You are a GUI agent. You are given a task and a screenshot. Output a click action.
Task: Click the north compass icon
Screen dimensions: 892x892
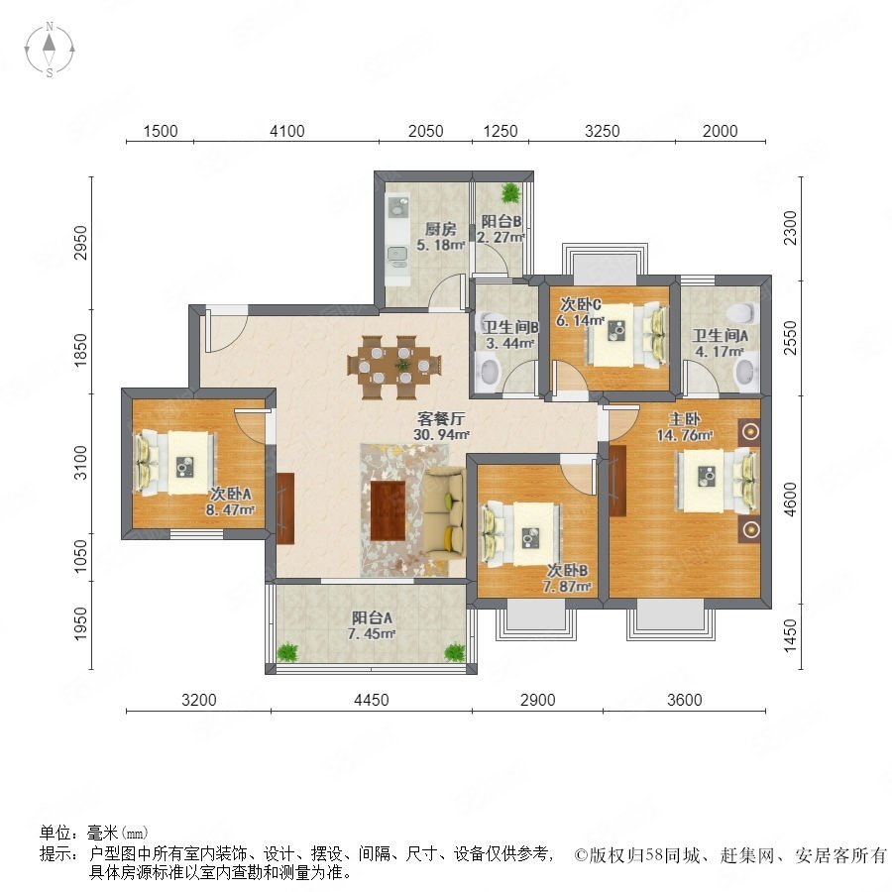pyautogui.click(x=50, y=50)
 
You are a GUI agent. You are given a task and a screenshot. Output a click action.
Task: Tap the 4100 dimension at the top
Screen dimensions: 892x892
pyautogui.click(x=287, y=131)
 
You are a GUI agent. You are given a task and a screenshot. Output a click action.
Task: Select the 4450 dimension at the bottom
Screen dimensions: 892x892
pyautogui.click(x=372, y=700)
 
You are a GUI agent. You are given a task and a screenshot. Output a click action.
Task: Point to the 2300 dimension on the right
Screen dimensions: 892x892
pyautogui.click(x=790, y=228)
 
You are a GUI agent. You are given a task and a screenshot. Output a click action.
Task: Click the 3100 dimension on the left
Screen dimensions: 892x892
pyautogui.click(x=81, y=463)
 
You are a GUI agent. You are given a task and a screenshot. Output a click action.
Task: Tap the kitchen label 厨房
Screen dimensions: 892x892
pyautogui.click(x=440, y=229)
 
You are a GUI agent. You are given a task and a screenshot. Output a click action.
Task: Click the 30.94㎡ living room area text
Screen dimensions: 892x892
pyautogui.click(x=441, y=435)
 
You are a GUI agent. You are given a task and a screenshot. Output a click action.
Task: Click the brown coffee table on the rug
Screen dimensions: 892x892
pyautogui.click(x=388, y=510)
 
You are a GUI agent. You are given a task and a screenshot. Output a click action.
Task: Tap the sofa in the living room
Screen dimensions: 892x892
pyautogui.click(x=444, y=513)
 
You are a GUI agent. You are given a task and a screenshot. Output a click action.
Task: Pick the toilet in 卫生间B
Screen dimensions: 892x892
pyautogui.click(x=489, y=372)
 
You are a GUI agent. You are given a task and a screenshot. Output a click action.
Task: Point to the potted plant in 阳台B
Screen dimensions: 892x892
pyautogui.click(x=510, y=193)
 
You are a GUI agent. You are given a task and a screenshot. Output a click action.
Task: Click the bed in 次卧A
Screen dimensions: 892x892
pyautogui.click(x=175, y=463)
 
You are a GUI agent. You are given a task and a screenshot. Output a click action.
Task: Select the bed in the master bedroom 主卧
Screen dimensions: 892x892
pyautogui.click(x=718, y=480)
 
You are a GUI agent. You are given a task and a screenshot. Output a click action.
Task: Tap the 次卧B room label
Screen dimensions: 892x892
pyautogui.click(x=567, y=570)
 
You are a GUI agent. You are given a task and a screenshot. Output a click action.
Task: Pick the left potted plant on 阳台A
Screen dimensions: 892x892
pyautogui.click(x=287, y=651)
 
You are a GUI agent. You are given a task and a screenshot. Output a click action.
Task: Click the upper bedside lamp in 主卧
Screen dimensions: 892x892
pyautogui.click(x=750, y=432)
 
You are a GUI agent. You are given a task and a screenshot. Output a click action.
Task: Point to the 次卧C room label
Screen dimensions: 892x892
pyautogui.click(x=580, y=304)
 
